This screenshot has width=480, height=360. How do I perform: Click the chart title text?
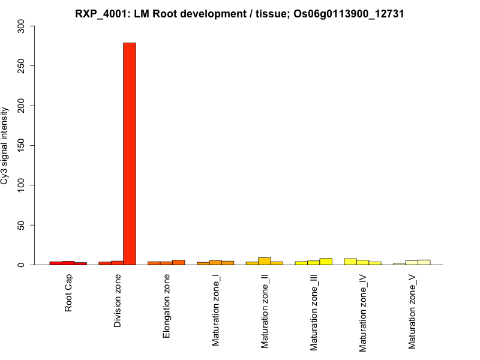pos(240,13)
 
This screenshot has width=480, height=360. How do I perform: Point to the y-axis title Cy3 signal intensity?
pos(5,145)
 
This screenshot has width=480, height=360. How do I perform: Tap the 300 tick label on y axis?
pos(22,26)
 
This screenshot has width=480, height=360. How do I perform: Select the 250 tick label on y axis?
pos(22,66)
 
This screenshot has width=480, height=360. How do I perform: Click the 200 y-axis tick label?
pos(22,106)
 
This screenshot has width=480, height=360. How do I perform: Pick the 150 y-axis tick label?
pos(22,146)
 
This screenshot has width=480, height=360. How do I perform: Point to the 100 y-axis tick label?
pos(22,185)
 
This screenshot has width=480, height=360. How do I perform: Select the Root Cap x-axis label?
pos(68,293)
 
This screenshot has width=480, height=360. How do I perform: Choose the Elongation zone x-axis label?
pos(167,305)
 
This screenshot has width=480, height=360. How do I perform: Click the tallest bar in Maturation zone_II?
pos(265,261)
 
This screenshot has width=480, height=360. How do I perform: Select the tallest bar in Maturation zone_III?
pos(326,262)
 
